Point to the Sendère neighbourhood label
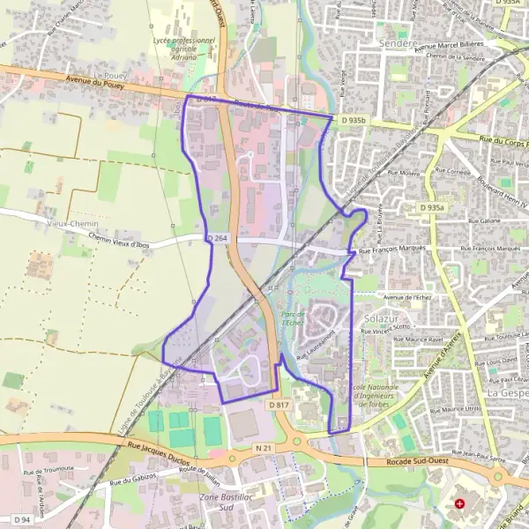click(397, 42)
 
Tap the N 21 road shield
click(261, 448)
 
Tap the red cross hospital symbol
click(459, 504)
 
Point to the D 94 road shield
click(21, 519)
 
